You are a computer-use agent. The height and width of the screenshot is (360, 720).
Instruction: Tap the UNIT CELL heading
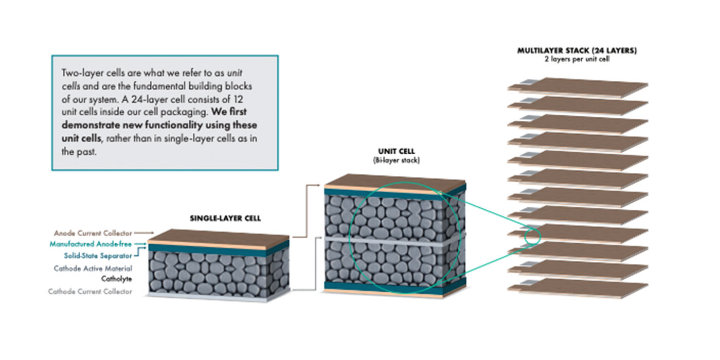coord(396,152)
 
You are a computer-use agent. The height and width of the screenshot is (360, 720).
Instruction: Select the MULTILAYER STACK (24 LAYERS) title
coord(577,51)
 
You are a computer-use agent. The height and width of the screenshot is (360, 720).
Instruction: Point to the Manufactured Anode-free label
coord(91,244)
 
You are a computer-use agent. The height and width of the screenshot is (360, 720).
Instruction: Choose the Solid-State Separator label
coord(98,255)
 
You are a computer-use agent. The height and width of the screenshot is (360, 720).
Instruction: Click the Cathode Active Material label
coord(93,268)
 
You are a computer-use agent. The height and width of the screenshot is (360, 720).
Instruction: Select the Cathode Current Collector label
coord(90,292)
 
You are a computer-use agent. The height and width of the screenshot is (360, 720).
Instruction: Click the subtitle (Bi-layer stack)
coord(396,160)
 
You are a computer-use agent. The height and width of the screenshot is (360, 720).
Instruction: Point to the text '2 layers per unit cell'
coord(577,60)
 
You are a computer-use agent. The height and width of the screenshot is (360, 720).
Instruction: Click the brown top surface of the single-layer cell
coord(219,237)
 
